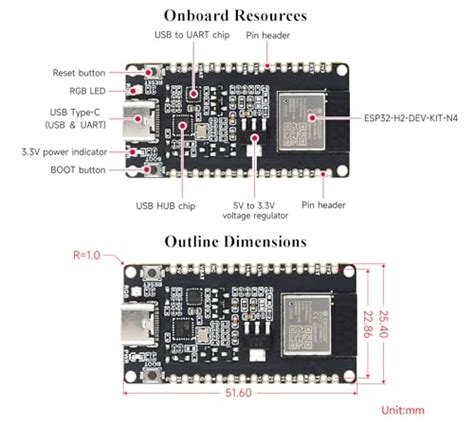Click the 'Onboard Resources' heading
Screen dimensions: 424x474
[x=236, y=15]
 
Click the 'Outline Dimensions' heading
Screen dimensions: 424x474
[x=236, y=241]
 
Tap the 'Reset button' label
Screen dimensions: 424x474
[x=78, y=73]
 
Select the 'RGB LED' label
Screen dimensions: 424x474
[x=89, y=92]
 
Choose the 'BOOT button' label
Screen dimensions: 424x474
[x=80, y=170]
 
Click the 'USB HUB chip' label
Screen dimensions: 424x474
[x=166, y=206]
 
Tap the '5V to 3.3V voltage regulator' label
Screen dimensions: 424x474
[x=259, y=209]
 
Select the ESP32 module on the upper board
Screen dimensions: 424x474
[x=299, y=119]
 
